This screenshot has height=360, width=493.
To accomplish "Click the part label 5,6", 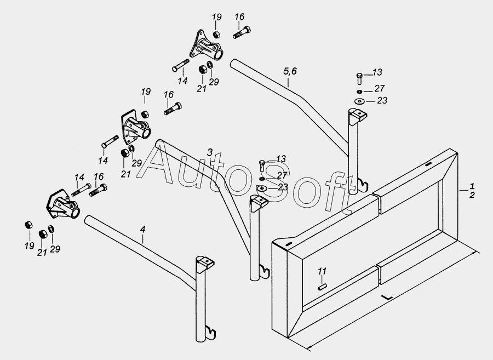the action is coord(290,71).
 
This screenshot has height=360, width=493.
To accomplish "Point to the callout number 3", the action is coord(210,152).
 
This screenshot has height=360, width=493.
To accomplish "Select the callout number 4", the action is coord(143,229).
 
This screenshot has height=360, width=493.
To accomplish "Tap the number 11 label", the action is coord(322,271).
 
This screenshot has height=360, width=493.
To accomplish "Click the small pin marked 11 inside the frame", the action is coord(322,287).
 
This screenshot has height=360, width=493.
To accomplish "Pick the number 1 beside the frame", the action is coord(472,186).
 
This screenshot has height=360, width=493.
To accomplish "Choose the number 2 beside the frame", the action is coord(472,195).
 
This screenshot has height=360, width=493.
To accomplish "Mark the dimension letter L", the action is coord(387,296).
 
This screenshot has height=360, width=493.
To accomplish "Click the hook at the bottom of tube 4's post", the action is coord(211,333).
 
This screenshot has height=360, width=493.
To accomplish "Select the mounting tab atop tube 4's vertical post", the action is coord(205,263).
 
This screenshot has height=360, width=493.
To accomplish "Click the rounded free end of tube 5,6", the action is coord(234,63).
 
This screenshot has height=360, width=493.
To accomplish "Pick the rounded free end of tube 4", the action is coord(88,219).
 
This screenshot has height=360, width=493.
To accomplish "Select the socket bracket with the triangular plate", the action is coord(205,45).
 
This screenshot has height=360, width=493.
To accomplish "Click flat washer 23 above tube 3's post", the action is coord(262,188).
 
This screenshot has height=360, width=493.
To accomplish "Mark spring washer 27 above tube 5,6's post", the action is coord(359,92).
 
